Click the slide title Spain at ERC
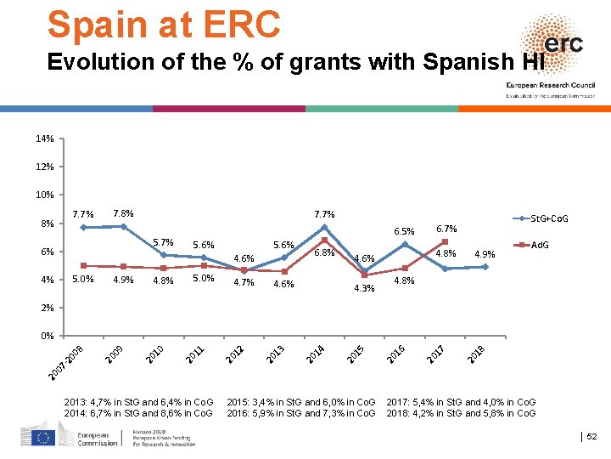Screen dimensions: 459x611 coord(164,25)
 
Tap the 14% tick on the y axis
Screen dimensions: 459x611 coord(45,139)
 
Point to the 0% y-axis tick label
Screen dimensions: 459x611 coord(47,336)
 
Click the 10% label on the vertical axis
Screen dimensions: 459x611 coord(45,195)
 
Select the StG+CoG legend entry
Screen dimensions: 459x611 coord(548,219)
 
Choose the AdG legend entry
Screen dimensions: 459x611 coord(541,245)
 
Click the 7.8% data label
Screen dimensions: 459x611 coord(123,213)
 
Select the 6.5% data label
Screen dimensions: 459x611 coord(404,231)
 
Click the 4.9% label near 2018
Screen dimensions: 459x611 coord(485,254)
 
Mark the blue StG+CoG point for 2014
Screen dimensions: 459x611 coord(324,227)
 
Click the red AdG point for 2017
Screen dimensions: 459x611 coord(445,242)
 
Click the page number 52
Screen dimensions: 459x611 coord(591,436)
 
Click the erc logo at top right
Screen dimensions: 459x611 coord(556,44)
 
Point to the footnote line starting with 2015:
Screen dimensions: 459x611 coord(301,401)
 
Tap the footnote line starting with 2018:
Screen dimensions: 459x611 coord(461,413)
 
